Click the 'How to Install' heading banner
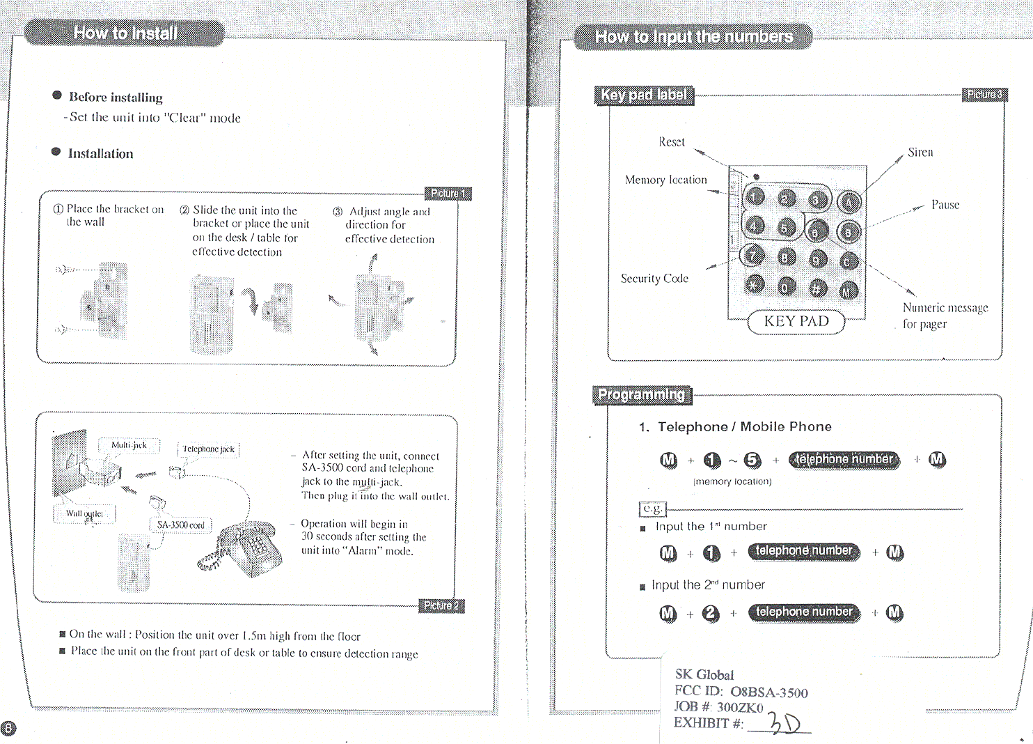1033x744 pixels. pos(125,33)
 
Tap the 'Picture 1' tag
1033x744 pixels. pos(448,193)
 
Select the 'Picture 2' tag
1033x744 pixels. pos(441,605)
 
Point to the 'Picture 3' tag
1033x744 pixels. pos(984,94)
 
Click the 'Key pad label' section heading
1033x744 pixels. pos(644,95)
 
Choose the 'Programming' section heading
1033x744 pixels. pos(642,394)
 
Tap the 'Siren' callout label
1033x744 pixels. pos(920,153)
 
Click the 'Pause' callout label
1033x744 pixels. pos(945,205)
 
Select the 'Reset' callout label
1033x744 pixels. pos(672,142)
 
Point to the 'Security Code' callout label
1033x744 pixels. pos(654,279)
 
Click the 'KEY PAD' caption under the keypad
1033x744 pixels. pos(796,321)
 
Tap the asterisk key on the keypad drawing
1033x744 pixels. pos(754,284)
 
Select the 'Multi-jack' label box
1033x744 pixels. pos(129,445)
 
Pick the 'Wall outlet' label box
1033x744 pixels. pos(84,513)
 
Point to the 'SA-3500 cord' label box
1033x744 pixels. pos(180,525)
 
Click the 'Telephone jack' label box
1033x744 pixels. pos(208,449)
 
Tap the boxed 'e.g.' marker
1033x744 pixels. pos(652,509)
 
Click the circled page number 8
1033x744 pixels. pos(8,729)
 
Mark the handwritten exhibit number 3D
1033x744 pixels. pos(784,724)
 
